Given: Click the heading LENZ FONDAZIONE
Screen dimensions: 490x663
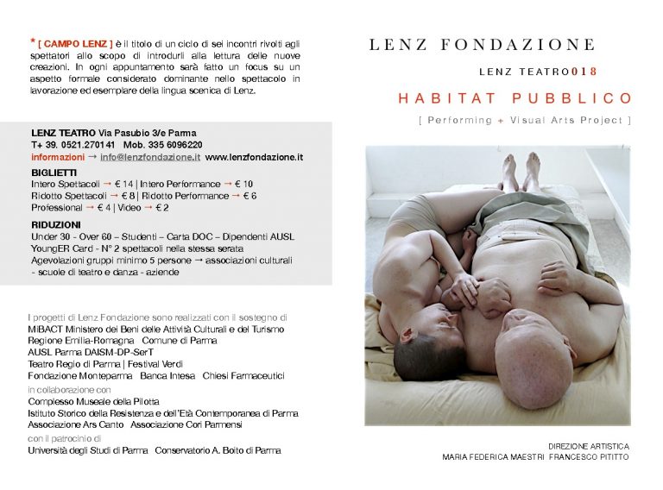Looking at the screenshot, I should [x=482, y=45].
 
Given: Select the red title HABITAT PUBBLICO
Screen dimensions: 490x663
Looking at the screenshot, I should [x=515, y=98].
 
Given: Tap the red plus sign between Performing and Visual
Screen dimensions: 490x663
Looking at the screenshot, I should [x=500, y=120].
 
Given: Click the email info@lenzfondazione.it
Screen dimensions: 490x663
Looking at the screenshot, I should [x=150, y=157].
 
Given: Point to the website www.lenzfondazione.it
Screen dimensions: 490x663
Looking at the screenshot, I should [x=254, y=157].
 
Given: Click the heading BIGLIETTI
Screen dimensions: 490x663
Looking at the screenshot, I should [x=54, y=173].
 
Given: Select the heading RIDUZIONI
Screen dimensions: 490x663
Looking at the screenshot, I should [x=57, y=224].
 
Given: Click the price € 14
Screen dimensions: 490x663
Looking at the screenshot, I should [x=125, y=184].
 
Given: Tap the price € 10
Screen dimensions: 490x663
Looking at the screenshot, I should [x=243, y=184].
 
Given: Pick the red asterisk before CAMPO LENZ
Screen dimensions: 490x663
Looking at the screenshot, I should [x=32, y=41].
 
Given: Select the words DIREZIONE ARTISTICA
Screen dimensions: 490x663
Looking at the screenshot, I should [x=589, y=446].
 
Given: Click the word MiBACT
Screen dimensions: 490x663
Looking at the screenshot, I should [x=44, y=329].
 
